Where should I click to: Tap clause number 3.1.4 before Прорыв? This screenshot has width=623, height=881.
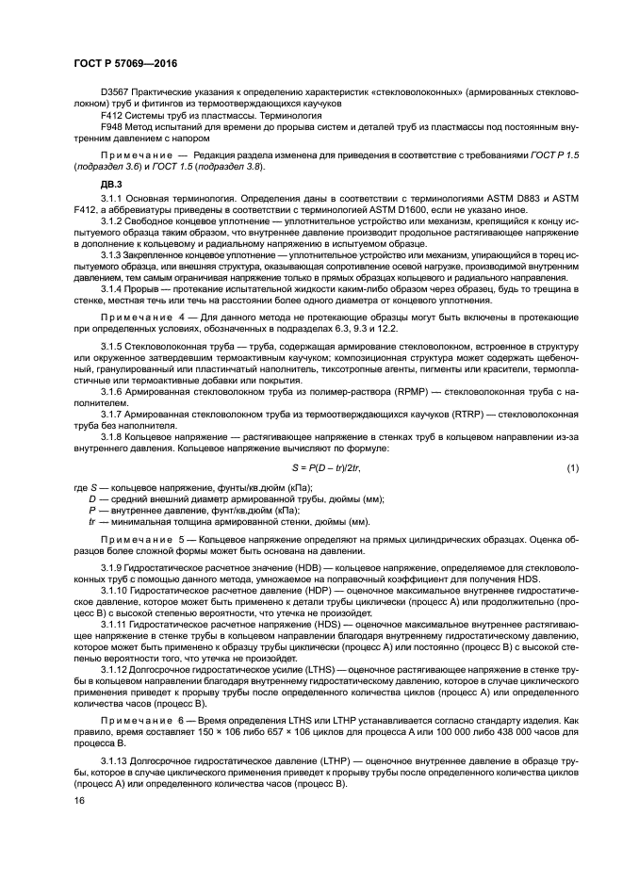point(113,288)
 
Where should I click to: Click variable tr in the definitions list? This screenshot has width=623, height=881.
point(92,520)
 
